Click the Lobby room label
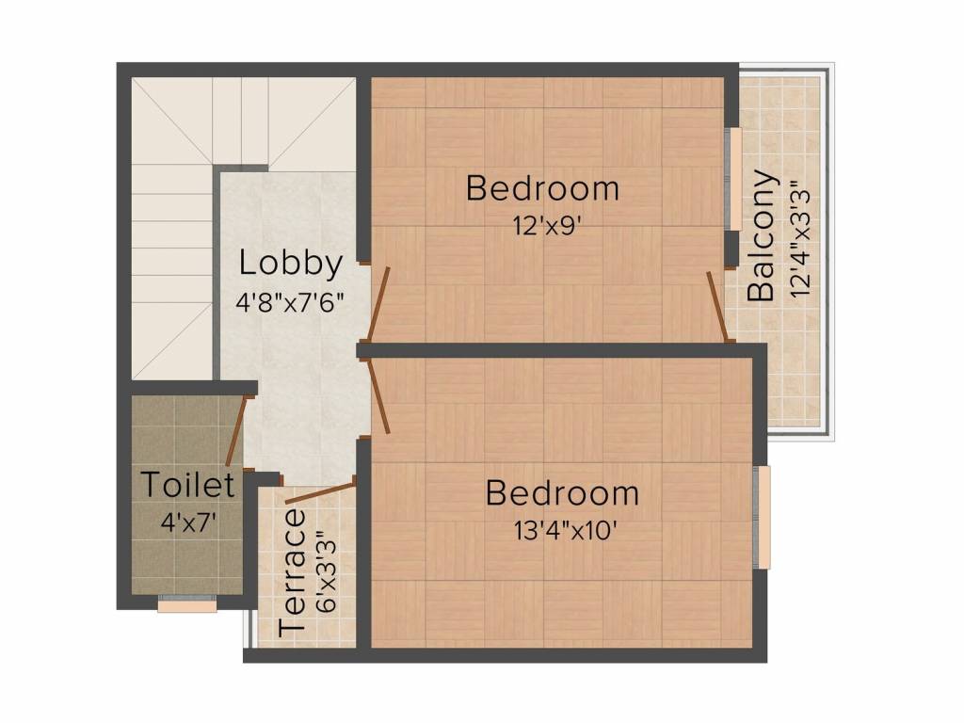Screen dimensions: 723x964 [x=290, y=263]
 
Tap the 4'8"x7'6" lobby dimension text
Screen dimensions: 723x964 [x=290, y=302]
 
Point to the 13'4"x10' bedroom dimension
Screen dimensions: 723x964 [x=563, y=529]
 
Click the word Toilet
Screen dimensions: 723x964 [x=187, y=486]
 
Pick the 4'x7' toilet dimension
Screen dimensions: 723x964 [x=189, y=521]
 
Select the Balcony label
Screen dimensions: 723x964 [x=763, y=235]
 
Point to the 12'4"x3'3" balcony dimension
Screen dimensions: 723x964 [x=801, y=239]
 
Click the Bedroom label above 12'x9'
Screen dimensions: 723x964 [x=543, y=188]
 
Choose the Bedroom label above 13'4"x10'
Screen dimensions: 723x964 [x=562, y=492]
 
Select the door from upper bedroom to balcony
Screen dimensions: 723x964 [x=717, y=307]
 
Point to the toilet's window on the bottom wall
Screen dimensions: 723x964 [x=187, y=605]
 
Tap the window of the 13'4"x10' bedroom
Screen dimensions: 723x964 [x=763, y=517]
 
